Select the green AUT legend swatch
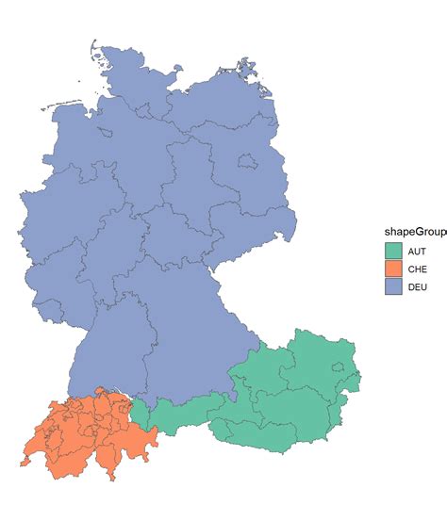pos(393,252)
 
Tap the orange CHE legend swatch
pos(393,269)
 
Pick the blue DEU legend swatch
pos(393,285)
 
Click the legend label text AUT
pos(416,252)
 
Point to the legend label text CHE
pos(416,269)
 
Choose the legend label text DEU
pos(416,285)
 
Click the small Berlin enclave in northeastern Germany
pos(247,163)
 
